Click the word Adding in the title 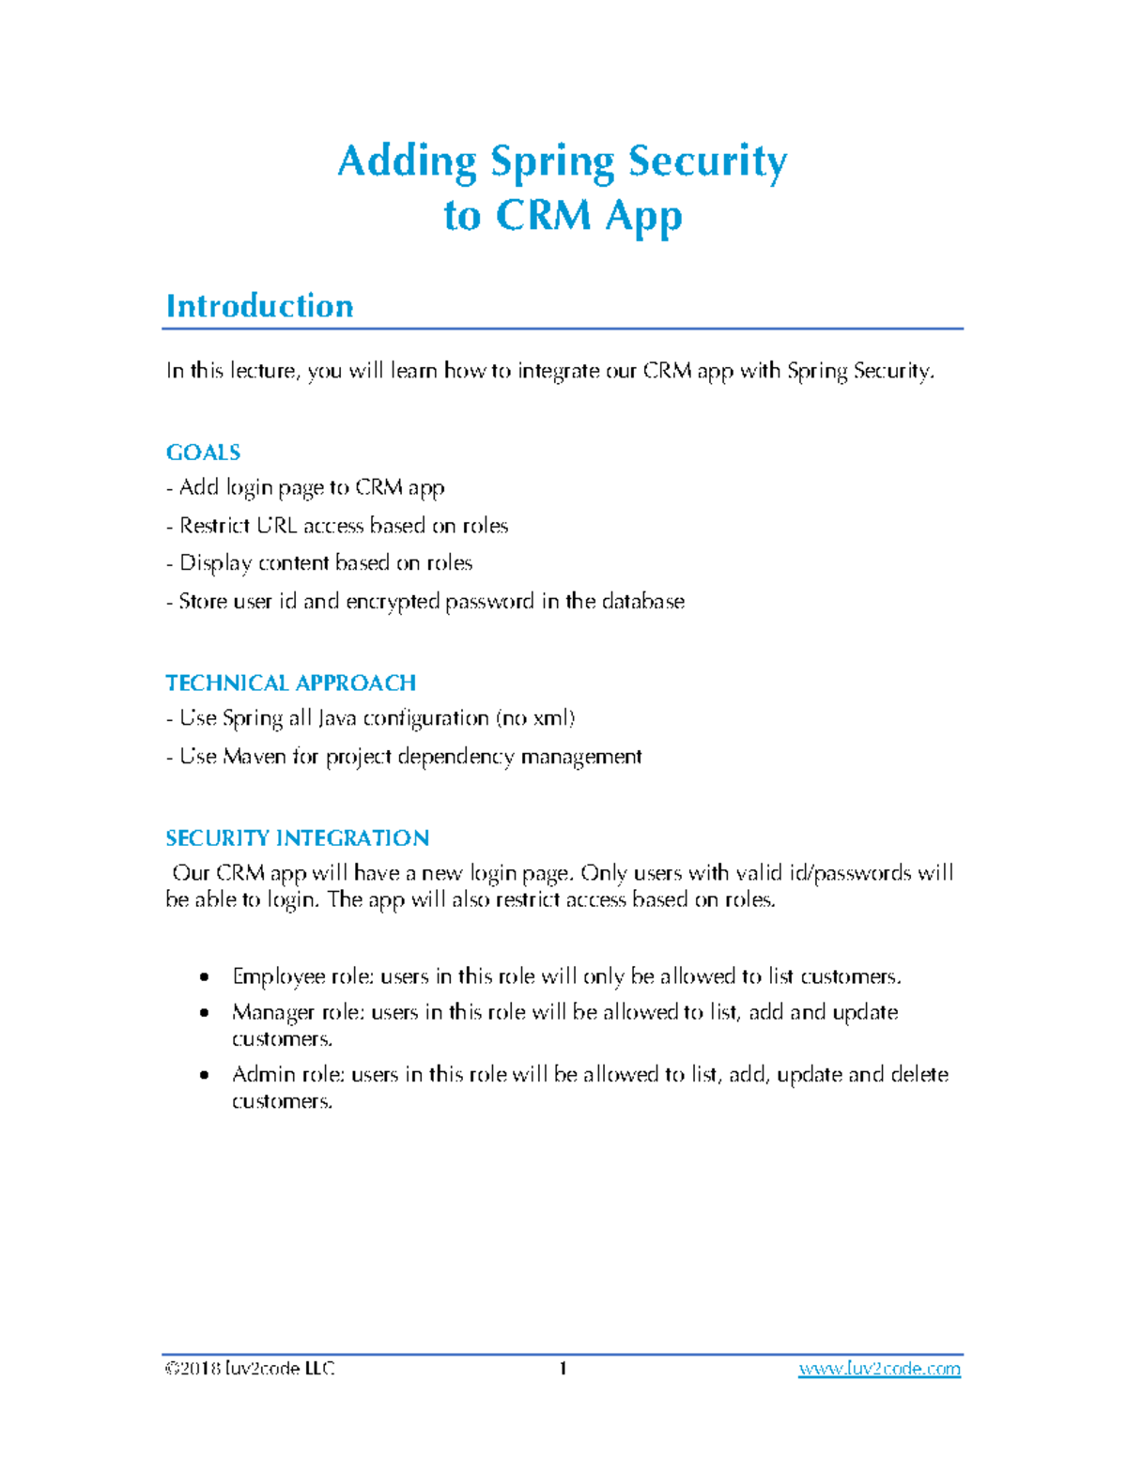[407, 161]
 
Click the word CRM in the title [543, 216]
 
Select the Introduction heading [259, 306]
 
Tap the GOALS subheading [203, 453]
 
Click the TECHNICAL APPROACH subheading [290, 683]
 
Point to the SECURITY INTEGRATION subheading [297, 837]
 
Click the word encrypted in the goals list [392, 602]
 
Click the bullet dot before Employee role [205, 977]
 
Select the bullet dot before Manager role [205, 1013]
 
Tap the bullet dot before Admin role [205, 1075]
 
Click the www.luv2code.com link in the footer [879, 1369]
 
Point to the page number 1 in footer [563, 1369]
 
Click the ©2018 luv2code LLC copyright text [250, 1369]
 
